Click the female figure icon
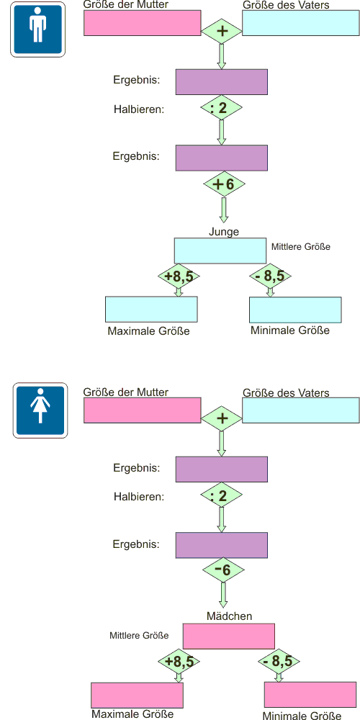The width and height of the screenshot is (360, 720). point(40,410)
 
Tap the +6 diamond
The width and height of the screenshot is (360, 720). point(224,184)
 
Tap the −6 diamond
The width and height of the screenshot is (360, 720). point(224,570)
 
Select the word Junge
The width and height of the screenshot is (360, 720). point(224,231)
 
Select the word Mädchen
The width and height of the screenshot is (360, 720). point(229,616)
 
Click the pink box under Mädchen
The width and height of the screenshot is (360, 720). point(229,636)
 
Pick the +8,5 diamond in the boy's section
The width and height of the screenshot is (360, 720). point(179,276)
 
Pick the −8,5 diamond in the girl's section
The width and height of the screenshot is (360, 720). point(278,662)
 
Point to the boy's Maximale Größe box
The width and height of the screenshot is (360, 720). point(151,310)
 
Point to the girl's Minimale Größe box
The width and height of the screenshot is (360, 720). point(310,695)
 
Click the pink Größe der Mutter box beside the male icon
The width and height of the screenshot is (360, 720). point(143,23)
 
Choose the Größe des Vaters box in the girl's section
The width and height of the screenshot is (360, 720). point(301,410)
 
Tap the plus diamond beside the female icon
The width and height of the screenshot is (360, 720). point(222,419)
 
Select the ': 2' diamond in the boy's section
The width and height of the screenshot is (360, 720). point(221,109)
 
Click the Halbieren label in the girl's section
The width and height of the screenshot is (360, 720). point(139,496)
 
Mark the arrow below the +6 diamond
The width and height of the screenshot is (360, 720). point(225,210)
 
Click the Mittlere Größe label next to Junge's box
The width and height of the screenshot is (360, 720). point(301,246)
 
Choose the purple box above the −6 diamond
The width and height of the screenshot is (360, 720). point(221,544)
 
